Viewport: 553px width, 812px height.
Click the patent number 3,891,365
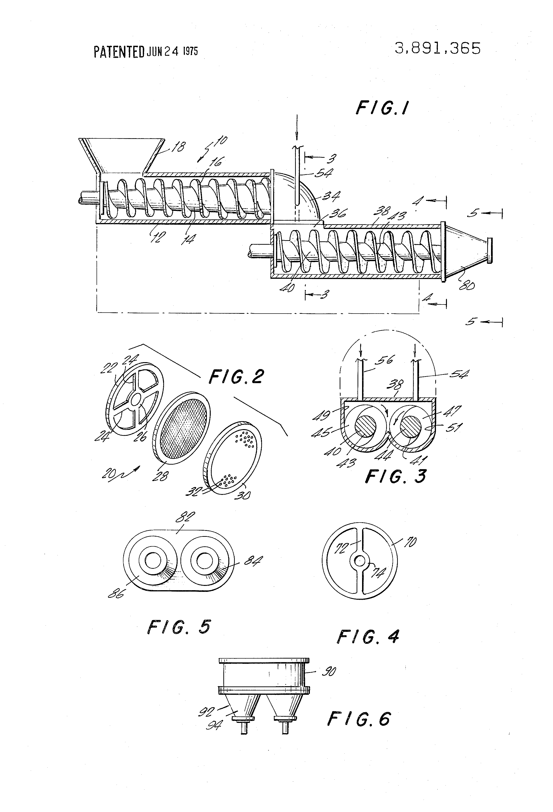[x=437, y=49]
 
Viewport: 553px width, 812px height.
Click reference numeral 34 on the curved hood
[x=331, y=196]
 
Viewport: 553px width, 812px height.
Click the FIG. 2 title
[x=236, y=377]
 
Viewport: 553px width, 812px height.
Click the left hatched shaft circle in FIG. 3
[x=365, y=427]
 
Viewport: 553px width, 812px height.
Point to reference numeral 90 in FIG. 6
[x=329, y=671]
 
